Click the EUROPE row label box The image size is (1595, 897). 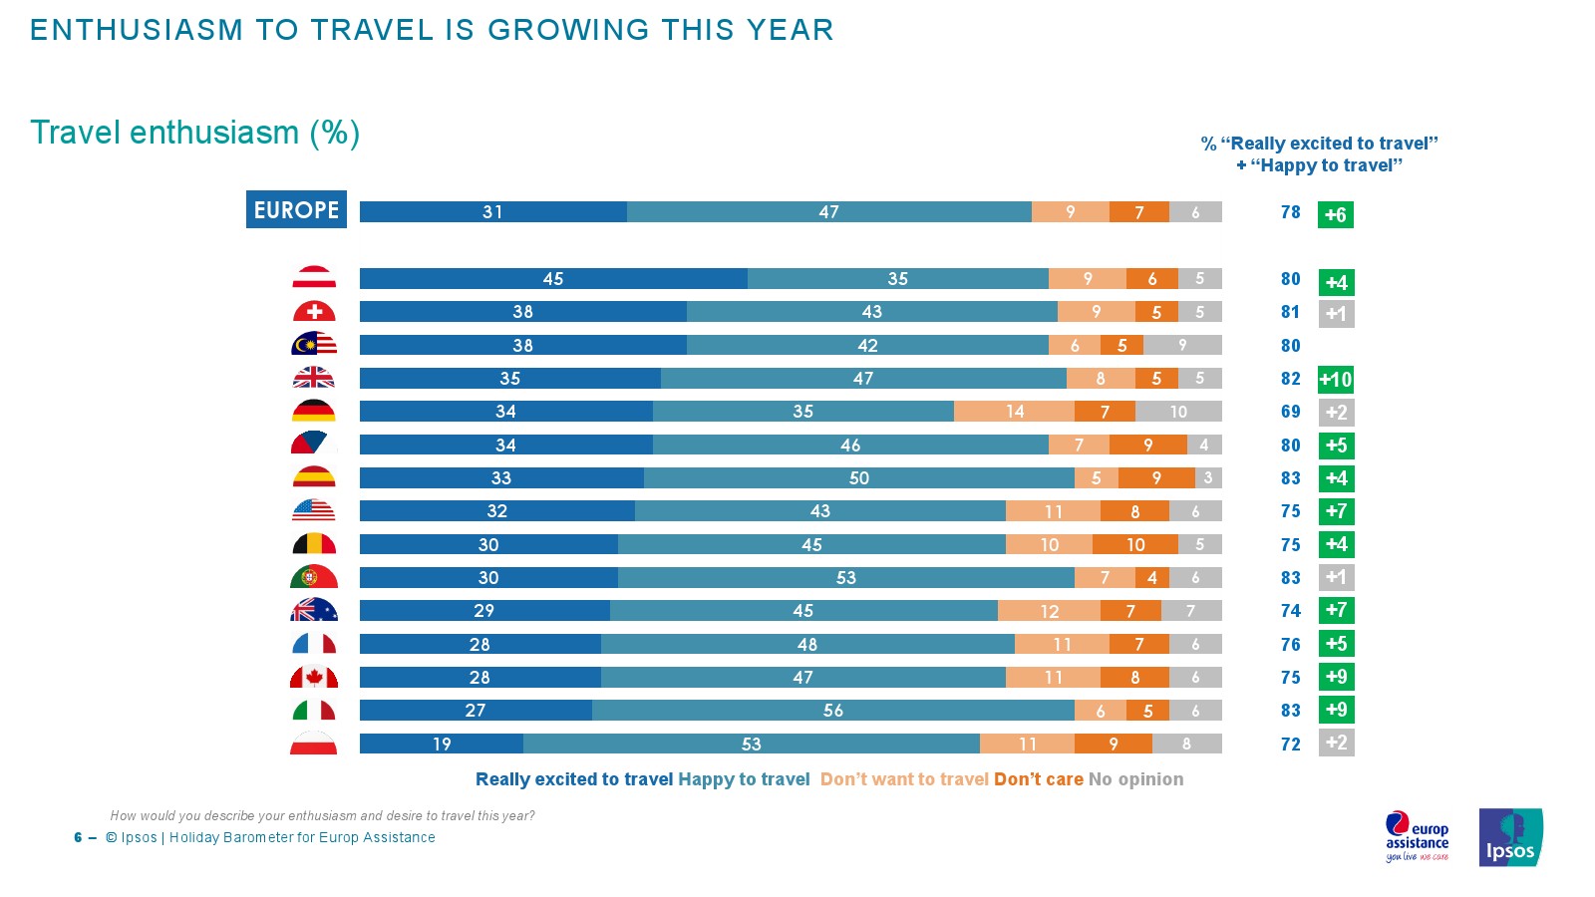click(296, 209)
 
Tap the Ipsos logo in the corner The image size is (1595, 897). click(1510, 837)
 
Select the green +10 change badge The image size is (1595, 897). click(1336, 380)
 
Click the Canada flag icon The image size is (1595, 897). click(314, 678)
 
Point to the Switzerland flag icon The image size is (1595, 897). click(314, 312)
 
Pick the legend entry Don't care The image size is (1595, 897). click(1038, 779)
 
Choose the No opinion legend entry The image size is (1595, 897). click(1136, 779)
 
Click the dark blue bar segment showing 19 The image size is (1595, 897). click(441, 744)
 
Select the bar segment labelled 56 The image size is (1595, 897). click(833, 711)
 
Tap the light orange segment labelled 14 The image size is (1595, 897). click(1014, 412)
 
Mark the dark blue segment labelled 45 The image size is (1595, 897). click(553, 279)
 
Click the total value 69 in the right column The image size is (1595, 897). click(1291, 412)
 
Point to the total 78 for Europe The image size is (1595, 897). click(1291, 212)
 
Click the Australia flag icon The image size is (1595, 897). click(314, 611)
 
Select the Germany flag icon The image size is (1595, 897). click(314, 411)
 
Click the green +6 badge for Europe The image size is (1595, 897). click(1336, 214)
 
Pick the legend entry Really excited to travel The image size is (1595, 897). click(574, 779)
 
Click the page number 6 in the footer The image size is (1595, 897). click(78, 837)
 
